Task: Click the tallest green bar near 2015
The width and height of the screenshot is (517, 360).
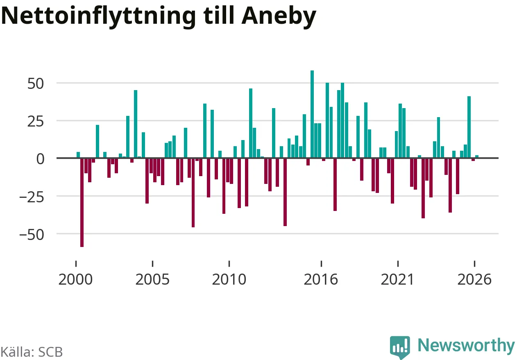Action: (312, 114)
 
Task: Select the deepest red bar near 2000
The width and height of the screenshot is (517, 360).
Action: (82, 202)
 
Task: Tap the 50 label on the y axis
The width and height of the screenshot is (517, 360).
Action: (36, 84)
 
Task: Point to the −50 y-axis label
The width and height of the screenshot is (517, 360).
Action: (32, 235)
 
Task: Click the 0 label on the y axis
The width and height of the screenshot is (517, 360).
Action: (40, 159)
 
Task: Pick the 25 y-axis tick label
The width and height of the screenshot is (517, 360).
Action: (36, 122)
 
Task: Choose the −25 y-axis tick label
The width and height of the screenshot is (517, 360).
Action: (32, 197)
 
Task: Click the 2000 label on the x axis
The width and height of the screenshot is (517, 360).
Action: (75, 279)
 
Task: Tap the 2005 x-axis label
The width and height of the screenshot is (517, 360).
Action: (152, 279)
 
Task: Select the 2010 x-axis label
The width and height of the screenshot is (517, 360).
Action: (229, 279)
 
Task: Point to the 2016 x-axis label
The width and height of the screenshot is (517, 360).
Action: (321, 279)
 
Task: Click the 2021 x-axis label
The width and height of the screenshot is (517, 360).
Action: (397, 279)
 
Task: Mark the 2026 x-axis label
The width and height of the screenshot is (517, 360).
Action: (474, 279)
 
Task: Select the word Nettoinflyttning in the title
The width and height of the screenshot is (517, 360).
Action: (98, 16)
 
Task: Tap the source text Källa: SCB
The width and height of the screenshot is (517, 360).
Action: (32, 352)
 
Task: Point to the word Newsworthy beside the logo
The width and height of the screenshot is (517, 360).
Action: (467, 346)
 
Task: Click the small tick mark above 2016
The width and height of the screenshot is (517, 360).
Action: (321, 263)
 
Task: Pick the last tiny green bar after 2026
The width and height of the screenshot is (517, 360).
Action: (477, 157)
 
